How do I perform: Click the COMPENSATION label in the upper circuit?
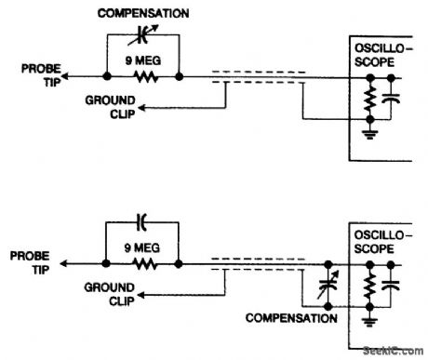pyautogui.click(x=144, y=13)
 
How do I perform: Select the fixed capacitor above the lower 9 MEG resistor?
pyautogui.click(x=142, y=222)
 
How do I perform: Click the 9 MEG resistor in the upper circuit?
pyautogui.click(x=141, y=77)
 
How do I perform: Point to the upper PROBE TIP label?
pyautogui.click(x=33, y=72)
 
